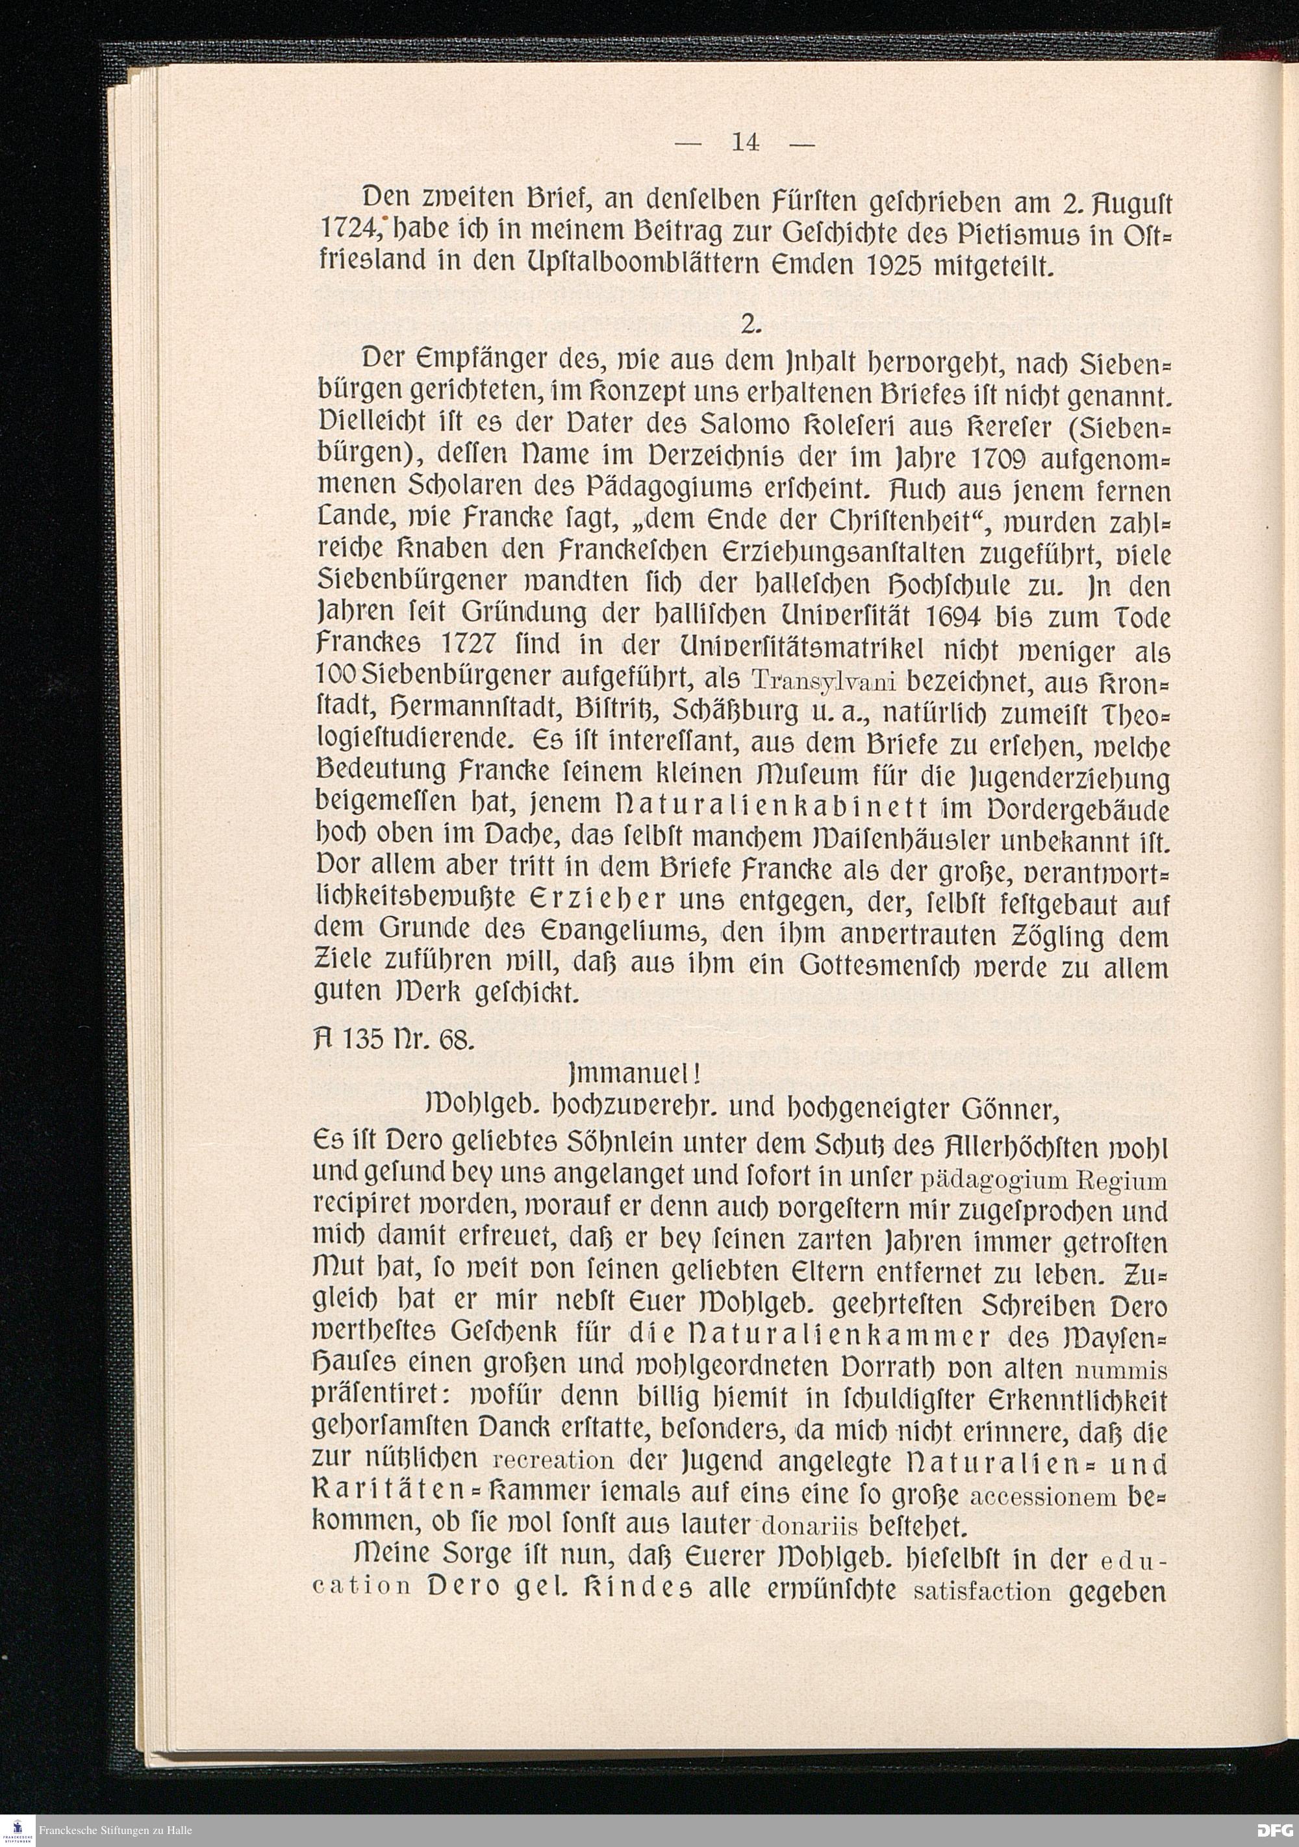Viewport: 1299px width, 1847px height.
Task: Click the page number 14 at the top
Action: click(744, 142)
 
